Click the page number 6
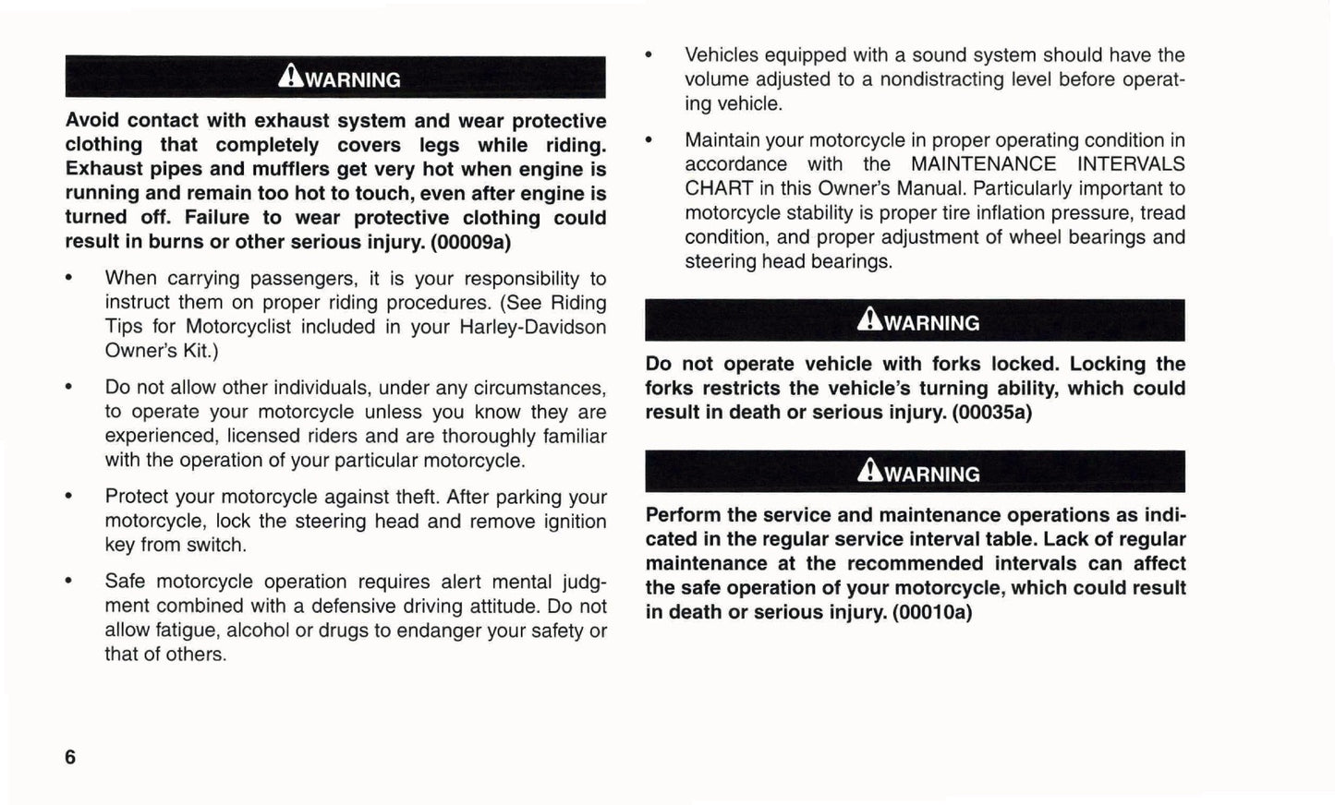(x=70, y=757)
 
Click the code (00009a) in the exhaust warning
(x=470, y=242)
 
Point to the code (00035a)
(x=991, y=413)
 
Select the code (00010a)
(x=932, y=612)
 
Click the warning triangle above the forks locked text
(x=869, y=319)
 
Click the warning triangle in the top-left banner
(x=290, y=76)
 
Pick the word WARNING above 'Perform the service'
(x=931, y=475)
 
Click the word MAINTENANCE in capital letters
(x=983, y=164)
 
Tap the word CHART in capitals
(x=718, y=188)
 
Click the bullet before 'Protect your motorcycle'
(x=68, y=498)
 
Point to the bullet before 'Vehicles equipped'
(x=649, y=55)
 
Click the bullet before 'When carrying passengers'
(x=68, y=279)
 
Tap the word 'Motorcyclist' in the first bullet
(x=238, y=327)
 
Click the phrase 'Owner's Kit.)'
(x=162, y=351)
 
